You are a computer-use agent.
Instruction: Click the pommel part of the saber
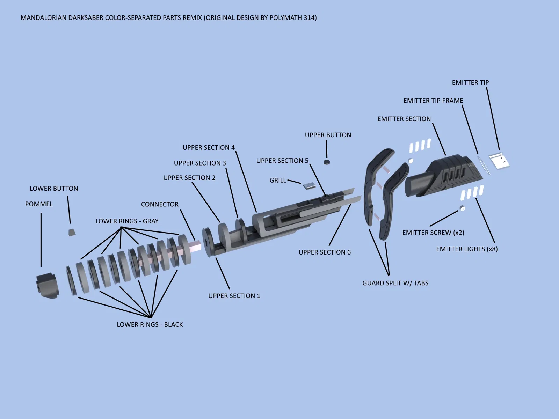(x=48, y=285)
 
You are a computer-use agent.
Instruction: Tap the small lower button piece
(x=72, y=232)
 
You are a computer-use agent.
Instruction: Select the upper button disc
(x=327, y=162)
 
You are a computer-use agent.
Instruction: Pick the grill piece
(x=309, y=185)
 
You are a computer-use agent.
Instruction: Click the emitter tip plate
(x=499, y=161)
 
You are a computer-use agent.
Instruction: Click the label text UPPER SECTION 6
(x=325, y=252)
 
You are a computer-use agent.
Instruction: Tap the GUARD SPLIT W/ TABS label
(x=395, y=283)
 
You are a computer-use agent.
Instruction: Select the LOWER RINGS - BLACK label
(x=150, y=324)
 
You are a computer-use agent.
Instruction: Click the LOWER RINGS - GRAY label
(x=127, y=221)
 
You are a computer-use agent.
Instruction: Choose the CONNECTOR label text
(x=160, y=204)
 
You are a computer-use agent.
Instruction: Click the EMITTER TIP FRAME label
(x=433, y=101)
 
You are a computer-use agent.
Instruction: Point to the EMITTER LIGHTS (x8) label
(x=467, y=249)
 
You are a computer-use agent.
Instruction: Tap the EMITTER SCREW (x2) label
(x=433, y=233)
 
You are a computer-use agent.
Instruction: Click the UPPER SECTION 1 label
(x=234, y=296)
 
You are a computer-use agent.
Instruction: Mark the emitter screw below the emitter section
(x=462, y=208)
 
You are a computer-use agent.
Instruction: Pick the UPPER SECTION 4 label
(x=209, y=147)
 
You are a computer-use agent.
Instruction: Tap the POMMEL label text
(x=39, y=204)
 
